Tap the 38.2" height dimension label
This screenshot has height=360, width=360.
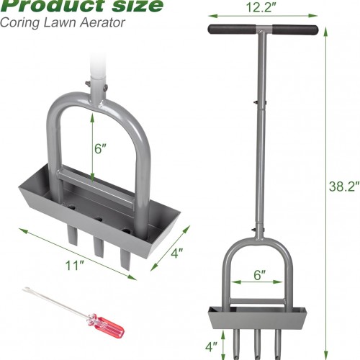tap(344, 186)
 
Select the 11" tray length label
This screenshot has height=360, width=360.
tap(75, 266)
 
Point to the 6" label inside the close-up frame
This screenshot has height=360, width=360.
tap(100, 148)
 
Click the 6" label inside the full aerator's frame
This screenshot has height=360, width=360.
tap(260, 275)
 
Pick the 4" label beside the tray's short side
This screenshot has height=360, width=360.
tap(177, 253)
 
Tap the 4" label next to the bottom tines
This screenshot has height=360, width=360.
tap(211, 346)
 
